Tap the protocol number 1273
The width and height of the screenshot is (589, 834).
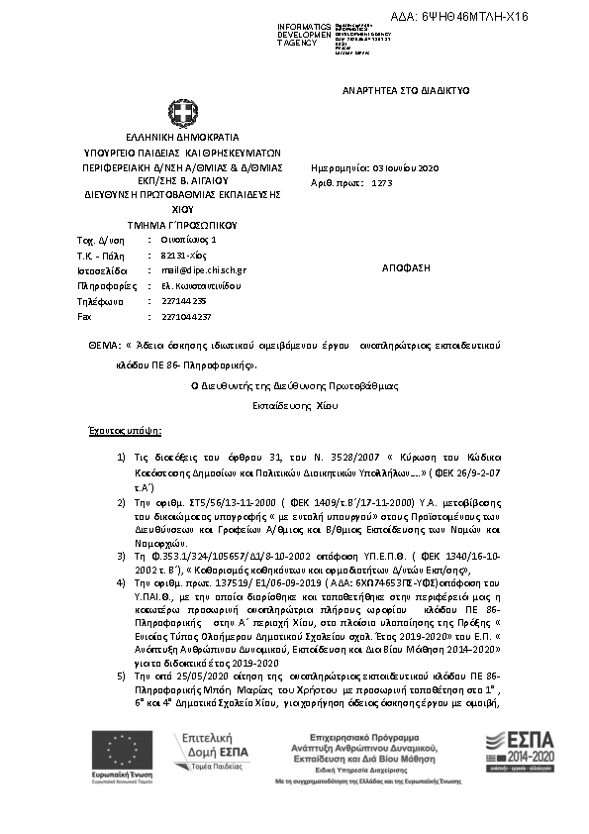point(382,184)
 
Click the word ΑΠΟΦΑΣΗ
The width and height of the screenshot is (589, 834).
point(404,268)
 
